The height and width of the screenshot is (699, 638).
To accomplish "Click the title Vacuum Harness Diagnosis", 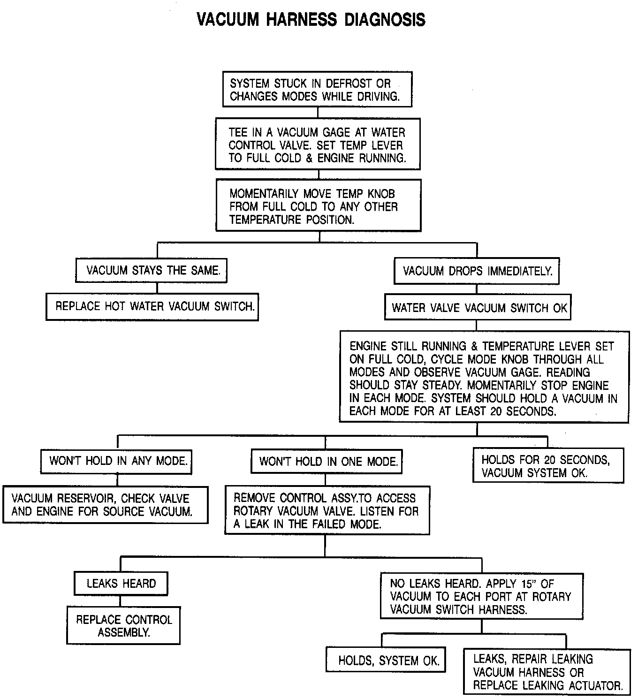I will point(311,20).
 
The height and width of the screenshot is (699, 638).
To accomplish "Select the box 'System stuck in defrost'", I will point(318,90).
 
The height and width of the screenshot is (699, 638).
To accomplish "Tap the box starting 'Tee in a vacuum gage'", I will point(318,144).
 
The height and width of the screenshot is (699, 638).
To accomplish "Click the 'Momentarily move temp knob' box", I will point(318,206).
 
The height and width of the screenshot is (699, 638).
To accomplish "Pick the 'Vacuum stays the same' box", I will point(151,270).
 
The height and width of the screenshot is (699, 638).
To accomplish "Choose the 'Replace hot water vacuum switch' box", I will point(152,307).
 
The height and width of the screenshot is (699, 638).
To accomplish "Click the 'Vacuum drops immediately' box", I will point(477,271).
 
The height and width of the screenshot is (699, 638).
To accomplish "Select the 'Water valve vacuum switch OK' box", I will point(478,308).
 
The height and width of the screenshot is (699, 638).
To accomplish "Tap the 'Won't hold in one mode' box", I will point(327,461).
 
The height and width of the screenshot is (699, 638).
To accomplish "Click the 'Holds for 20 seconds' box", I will point(548,466).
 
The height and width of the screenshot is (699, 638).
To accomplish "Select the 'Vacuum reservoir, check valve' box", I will point(105,505).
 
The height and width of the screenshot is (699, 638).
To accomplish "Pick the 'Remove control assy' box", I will point(327,510).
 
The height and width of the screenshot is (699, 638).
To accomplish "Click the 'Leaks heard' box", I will point(121,584).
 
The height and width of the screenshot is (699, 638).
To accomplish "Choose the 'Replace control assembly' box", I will point(123,626).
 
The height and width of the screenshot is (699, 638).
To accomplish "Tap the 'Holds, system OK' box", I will point(386,661).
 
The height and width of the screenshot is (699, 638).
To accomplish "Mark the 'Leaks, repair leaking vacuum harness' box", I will point(547,672).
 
